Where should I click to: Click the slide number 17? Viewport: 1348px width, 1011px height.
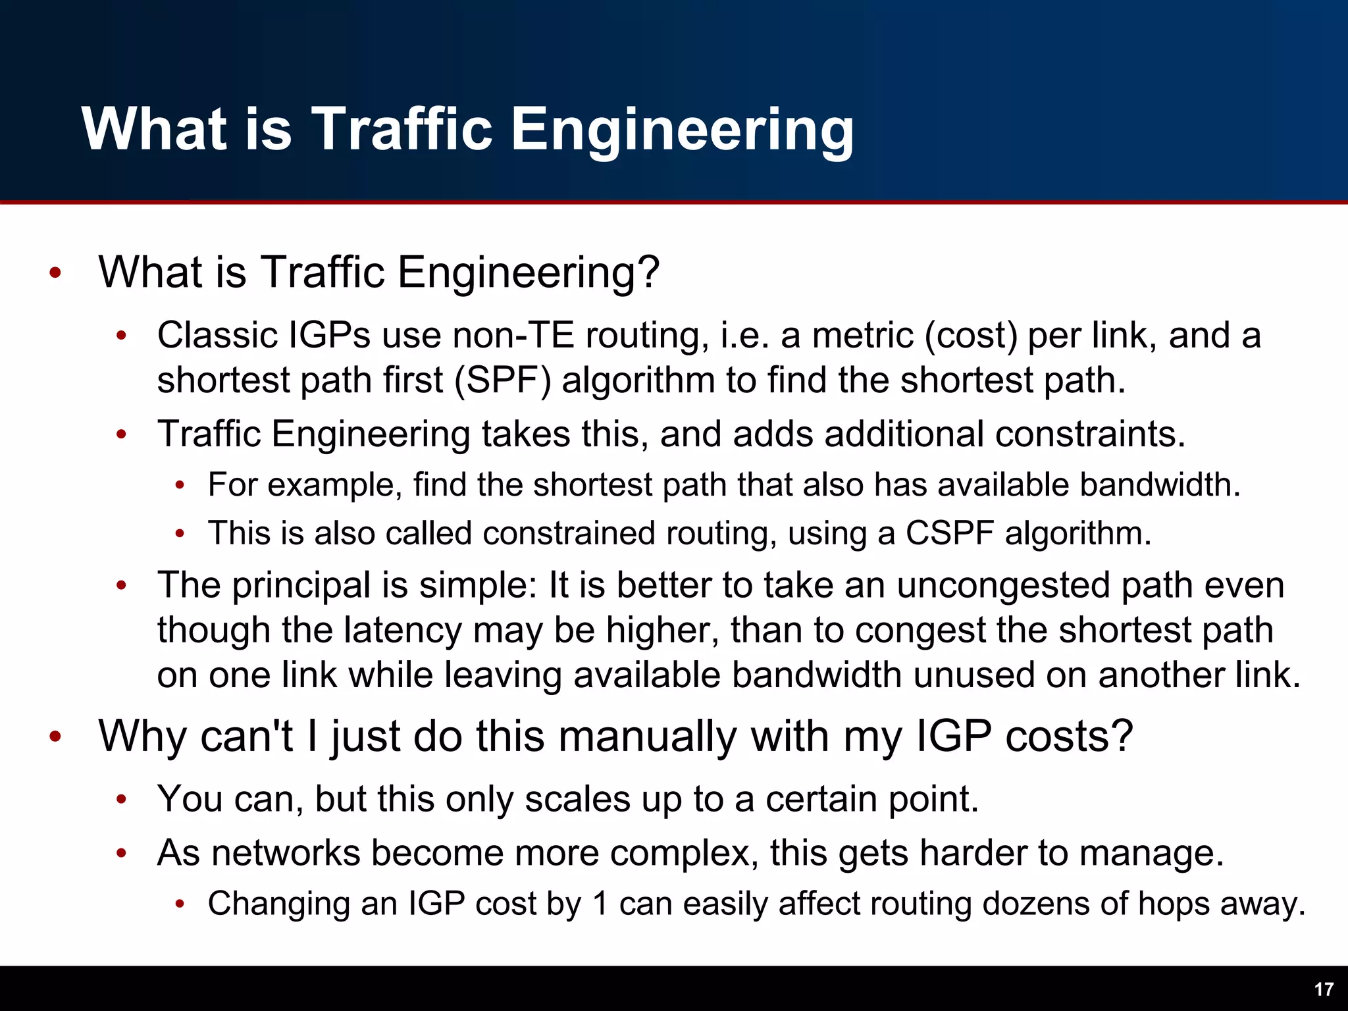pos(1324,989)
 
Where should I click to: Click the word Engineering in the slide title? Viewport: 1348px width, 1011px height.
pos(683,130)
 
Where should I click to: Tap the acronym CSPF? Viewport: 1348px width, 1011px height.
pos(949,533)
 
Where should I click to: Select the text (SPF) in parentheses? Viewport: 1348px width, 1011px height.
pos(503,381)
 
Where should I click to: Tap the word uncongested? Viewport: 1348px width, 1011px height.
pos(1003,585)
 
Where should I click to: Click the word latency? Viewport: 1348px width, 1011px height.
pos(403,631)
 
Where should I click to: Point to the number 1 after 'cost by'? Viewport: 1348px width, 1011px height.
pos(600,904)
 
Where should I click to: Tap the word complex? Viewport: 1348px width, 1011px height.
pos(685,853)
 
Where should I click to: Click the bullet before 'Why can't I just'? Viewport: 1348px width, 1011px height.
pos(55,737)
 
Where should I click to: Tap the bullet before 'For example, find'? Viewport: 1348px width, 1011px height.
pos(180,486)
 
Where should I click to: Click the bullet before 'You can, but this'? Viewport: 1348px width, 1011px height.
pos(121,800)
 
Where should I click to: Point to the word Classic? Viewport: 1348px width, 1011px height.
pos(217,336)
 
